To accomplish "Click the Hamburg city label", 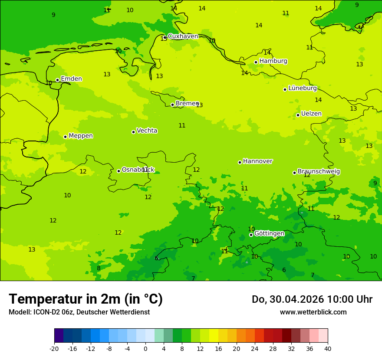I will click(x=273, y=61).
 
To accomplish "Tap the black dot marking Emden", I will click(x=57, y=80).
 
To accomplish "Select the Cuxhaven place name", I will click(x=183, y=36).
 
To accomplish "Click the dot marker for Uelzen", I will click(x=298, y=115).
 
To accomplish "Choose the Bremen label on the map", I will click(x=187, y=104).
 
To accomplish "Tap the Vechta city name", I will click(x=147, y=131).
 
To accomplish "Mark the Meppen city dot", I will click(x=65, y=137).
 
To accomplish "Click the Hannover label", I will click(x=257, y=161).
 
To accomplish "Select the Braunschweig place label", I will click(x=319, y=172).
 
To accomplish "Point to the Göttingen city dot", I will click(x=251, y=235).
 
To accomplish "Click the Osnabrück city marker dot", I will click(x=119, y=171).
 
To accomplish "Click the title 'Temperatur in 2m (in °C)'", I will click(x=86, y=299).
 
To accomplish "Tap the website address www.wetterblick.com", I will click(x=313, y=312).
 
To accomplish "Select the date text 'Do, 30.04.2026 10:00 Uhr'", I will click(x=312, y=299).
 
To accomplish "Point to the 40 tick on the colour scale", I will click(x=328, y=349).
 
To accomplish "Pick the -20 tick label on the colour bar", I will click(x=54, y=349).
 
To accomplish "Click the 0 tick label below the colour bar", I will click(x=145, y=349).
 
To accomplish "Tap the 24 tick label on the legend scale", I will click(x=255, y=349).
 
